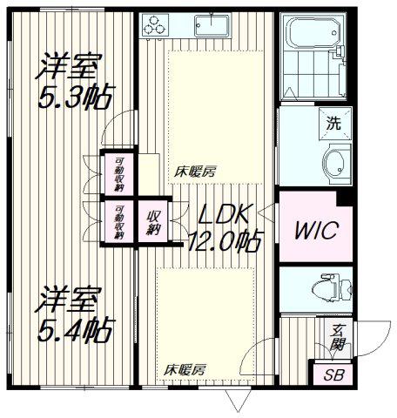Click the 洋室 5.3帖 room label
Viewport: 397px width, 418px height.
click(x=75, y=81)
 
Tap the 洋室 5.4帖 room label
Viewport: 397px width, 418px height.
click(x=75, y=314)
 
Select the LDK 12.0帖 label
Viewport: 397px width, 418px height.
click(x=225, y=228)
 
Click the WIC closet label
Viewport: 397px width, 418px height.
click(x=316, y=231)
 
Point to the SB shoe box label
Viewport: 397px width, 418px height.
click(x=333, y=375)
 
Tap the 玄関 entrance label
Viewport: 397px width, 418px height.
click(x=338, y=338)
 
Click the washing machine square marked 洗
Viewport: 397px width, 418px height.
click(x=335, y=124)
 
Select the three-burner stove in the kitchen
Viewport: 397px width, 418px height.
click(x=155, y=25)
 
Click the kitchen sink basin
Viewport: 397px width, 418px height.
click(x=212, y=25)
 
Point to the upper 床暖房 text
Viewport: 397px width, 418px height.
click(x=195, y=172)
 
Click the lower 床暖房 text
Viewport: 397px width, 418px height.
click(x=185, y=370)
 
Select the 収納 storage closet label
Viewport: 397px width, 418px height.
click(x=153, y=222)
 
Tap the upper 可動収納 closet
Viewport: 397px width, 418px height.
click(x=119, y=174)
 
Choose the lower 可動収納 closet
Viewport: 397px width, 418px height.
click(x=119, y=221)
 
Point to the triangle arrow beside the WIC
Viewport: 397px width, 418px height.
click(x=266, y=213)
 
